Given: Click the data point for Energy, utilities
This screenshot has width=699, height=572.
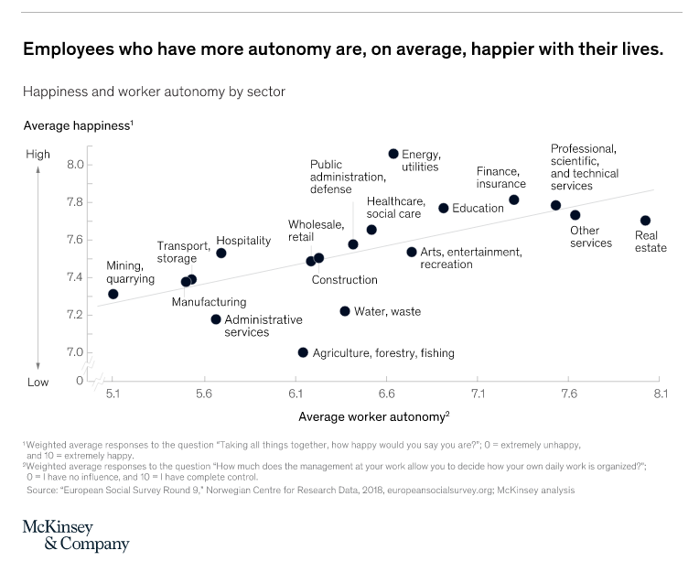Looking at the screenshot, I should coord(393,154).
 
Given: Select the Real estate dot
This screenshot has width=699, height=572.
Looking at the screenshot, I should coord(645,221).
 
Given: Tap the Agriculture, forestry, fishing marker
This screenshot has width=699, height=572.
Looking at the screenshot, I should coord(303,352).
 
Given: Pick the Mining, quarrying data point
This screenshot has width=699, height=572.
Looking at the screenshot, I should coord(113,294).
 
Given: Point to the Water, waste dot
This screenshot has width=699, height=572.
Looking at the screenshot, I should coord(345,311).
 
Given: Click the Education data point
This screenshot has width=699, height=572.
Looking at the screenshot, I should coord(444,208).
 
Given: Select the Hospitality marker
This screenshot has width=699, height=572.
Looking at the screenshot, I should coord(220,253).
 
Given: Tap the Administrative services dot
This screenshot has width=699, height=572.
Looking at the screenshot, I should coord(216,319).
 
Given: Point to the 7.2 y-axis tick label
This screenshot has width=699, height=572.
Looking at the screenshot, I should coord(74,315).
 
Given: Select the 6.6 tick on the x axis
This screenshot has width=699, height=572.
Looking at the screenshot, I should coord(386,394).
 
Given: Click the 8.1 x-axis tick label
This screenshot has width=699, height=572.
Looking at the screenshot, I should coord(660,394).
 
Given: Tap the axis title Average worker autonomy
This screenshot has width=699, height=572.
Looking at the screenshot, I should coord(373,416).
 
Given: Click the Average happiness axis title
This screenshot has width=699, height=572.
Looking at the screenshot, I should coord(77,124).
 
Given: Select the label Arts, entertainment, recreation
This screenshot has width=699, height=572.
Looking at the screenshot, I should coord(470,258).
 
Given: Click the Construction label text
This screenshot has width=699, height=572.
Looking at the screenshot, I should coord(344,280).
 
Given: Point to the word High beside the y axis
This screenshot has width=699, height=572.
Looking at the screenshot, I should coord(38,155).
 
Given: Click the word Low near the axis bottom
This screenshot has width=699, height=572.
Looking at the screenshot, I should coord(38,382).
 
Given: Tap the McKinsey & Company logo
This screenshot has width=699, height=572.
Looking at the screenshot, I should coord(76,536).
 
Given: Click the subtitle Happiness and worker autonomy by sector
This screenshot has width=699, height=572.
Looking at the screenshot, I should coord(154,92).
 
